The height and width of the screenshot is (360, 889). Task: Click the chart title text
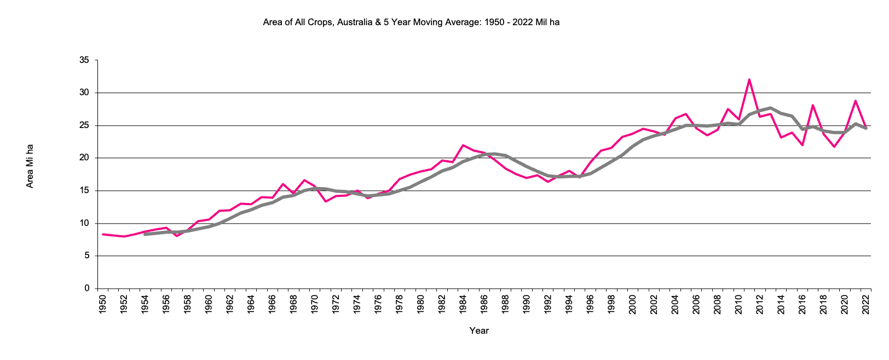click(x=411, y=22)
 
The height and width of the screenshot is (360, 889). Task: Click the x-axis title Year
click(x=479, y=330)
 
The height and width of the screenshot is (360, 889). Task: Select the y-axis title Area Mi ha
click(x=30, y=166)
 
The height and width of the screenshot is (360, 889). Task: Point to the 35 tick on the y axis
click(x=84, y=60)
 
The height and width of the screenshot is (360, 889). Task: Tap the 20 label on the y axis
click(x=84, y=158)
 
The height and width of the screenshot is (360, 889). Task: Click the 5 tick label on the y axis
click(x=86, y=256)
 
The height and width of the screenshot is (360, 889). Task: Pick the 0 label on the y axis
click(x=86, y=288)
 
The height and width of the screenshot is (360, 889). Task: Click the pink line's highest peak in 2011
click(x=749, y=79)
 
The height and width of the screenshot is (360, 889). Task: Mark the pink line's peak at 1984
click(x=463, y=145)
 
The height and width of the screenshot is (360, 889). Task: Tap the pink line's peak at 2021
click(x=855, y=101)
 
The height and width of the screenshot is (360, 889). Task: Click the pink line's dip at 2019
click(x=834, y=147)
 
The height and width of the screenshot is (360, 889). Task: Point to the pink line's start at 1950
click(x=103, y=234)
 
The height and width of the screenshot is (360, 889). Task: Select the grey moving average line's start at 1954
click(x=145, y=234)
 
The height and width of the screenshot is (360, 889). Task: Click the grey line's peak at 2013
click(x=770, y=108)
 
